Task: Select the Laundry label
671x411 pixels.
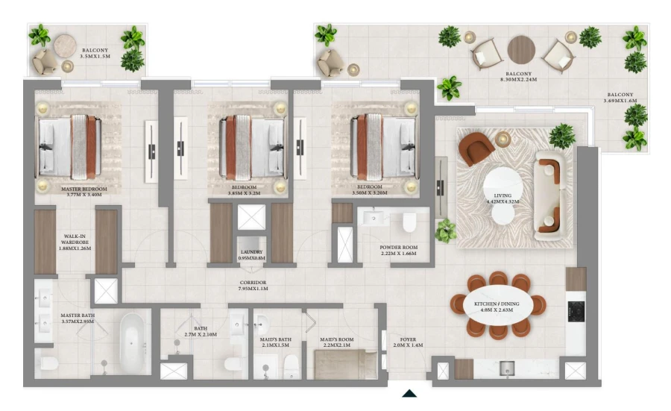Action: pos(251,255)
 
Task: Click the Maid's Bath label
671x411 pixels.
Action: pos(277,342)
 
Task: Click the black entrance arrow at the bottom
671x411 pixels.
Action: pos(409,393)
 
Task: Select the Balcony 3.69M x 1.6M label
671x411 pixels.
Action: pos(620,98)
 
